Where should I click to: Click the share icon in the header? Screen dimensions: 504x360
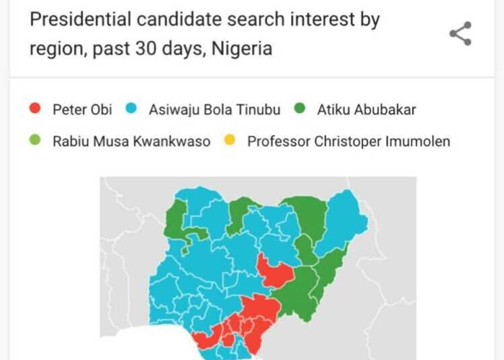click(460, 33)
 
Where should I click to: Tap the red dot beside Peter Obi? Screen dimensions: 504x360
click(35, 109)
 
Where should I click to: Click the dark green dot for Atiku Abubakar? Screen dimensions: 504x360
click(300, 109)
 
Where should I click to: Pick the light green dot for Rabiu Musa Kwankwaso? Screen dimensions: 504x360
click(35, 141)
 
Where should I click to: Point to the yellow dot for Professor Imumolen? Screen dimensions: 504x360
click(229, 141)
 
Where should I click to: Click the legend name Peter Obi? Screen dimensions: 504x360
click(82, 109)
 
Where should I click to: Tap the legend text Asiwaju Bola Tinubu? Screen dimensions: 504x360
click(214, 109)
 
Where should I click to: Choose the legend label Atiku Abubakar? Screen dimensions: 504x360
click(366, 109)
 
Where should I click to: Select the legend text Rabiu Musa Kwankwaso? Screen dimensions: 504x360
click(131, 142)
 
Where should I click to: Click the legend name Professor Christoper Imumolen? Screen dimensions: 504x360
click(349, 142)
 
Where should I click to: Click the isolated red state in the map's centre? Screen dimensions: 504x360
click(274, 271)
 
